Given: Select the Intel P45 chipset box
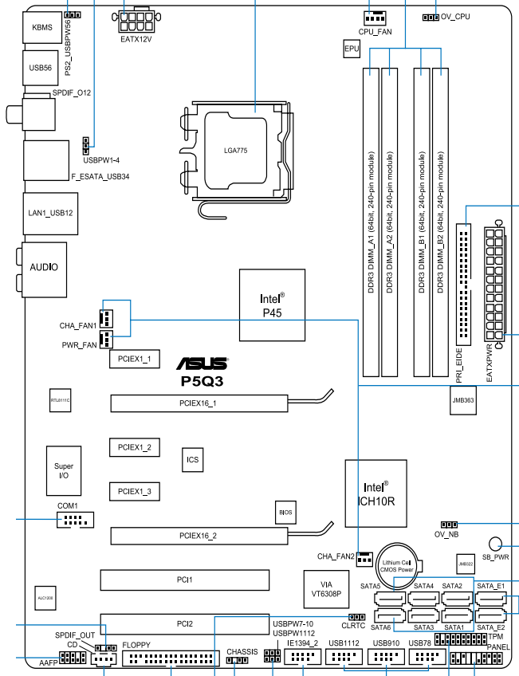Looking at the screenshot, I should pos(272,304).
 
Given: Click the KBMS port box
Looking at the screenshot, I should pos(41,27).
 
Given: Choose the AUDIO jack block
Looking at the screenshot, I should pos(43,268).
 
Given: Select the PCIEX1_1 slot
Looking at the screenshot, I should pos(135,360).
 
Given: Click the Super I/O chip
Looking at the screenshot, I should pos(64,470).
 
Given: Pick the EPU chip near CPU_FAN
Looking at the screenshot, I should pos(351,49).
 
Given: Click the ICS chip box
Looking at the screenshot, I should pos(192,460).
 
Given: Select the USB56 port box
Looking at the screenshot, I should pos(41,69).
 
